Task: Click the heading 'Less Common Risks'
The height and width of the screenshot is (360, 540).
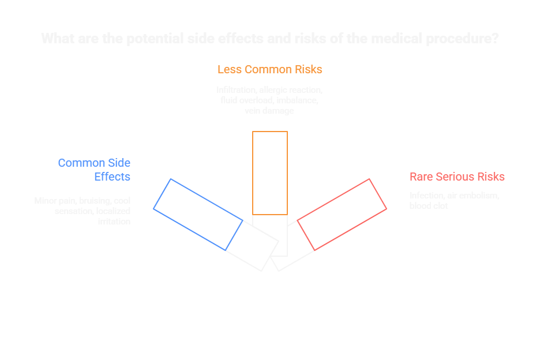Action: pos(269,69)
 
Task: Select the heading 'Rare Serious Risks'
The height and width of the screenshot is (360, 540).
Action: pos(457,177)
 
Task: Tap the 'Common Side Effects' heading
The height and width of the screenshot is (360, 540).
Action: pos(94,170)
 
